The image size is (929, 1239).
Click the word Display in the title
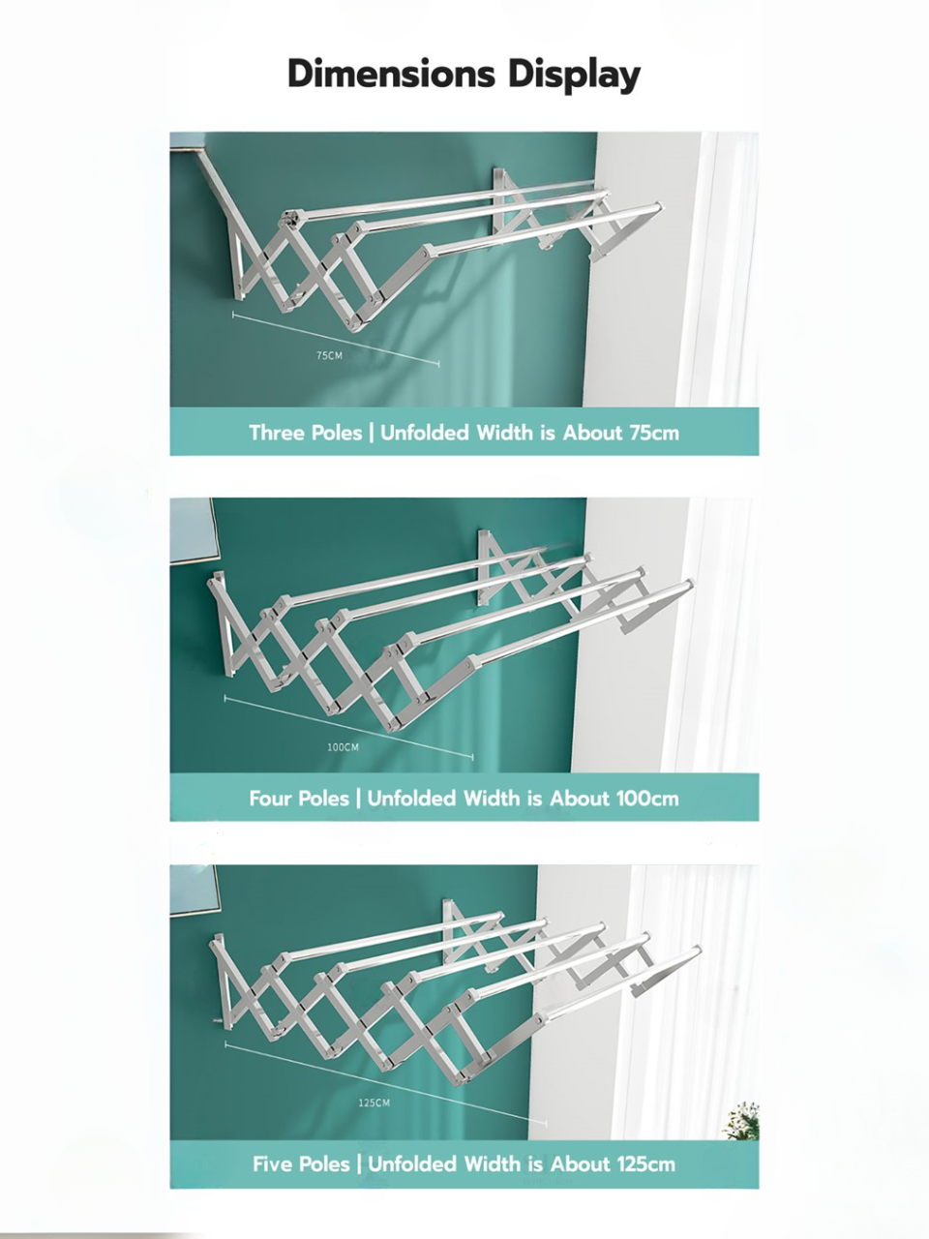[x=574, y=76]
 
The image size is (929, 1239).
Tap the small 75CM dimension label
[x=329, y=355]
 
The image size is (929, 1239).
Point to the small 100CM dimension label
[x=343, y=747]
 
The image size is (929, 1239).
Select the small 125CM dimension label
[x=374, y=1103]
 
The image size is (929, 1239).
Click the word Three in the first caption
[x=273, y=433]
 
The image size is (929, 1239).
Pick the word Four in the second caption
[x=270, y=799]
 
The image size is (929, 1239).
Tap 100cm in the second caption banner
[x=647, y=799]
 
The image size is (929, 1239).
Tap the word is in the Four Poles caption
[x=535, y=799]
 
